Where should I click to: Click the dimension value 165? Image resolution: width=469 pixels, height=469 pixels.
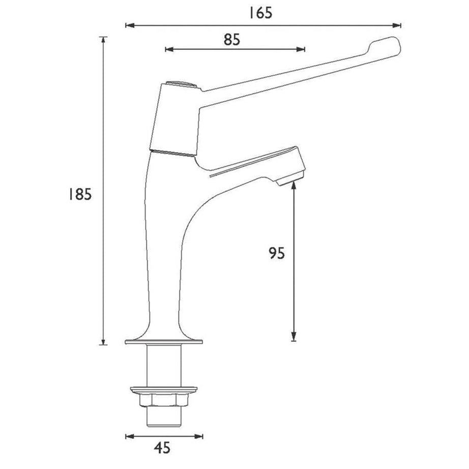pos(260,13)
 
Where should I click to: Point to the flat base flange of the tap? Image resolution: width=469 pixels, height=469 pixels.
pos(164,341)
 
